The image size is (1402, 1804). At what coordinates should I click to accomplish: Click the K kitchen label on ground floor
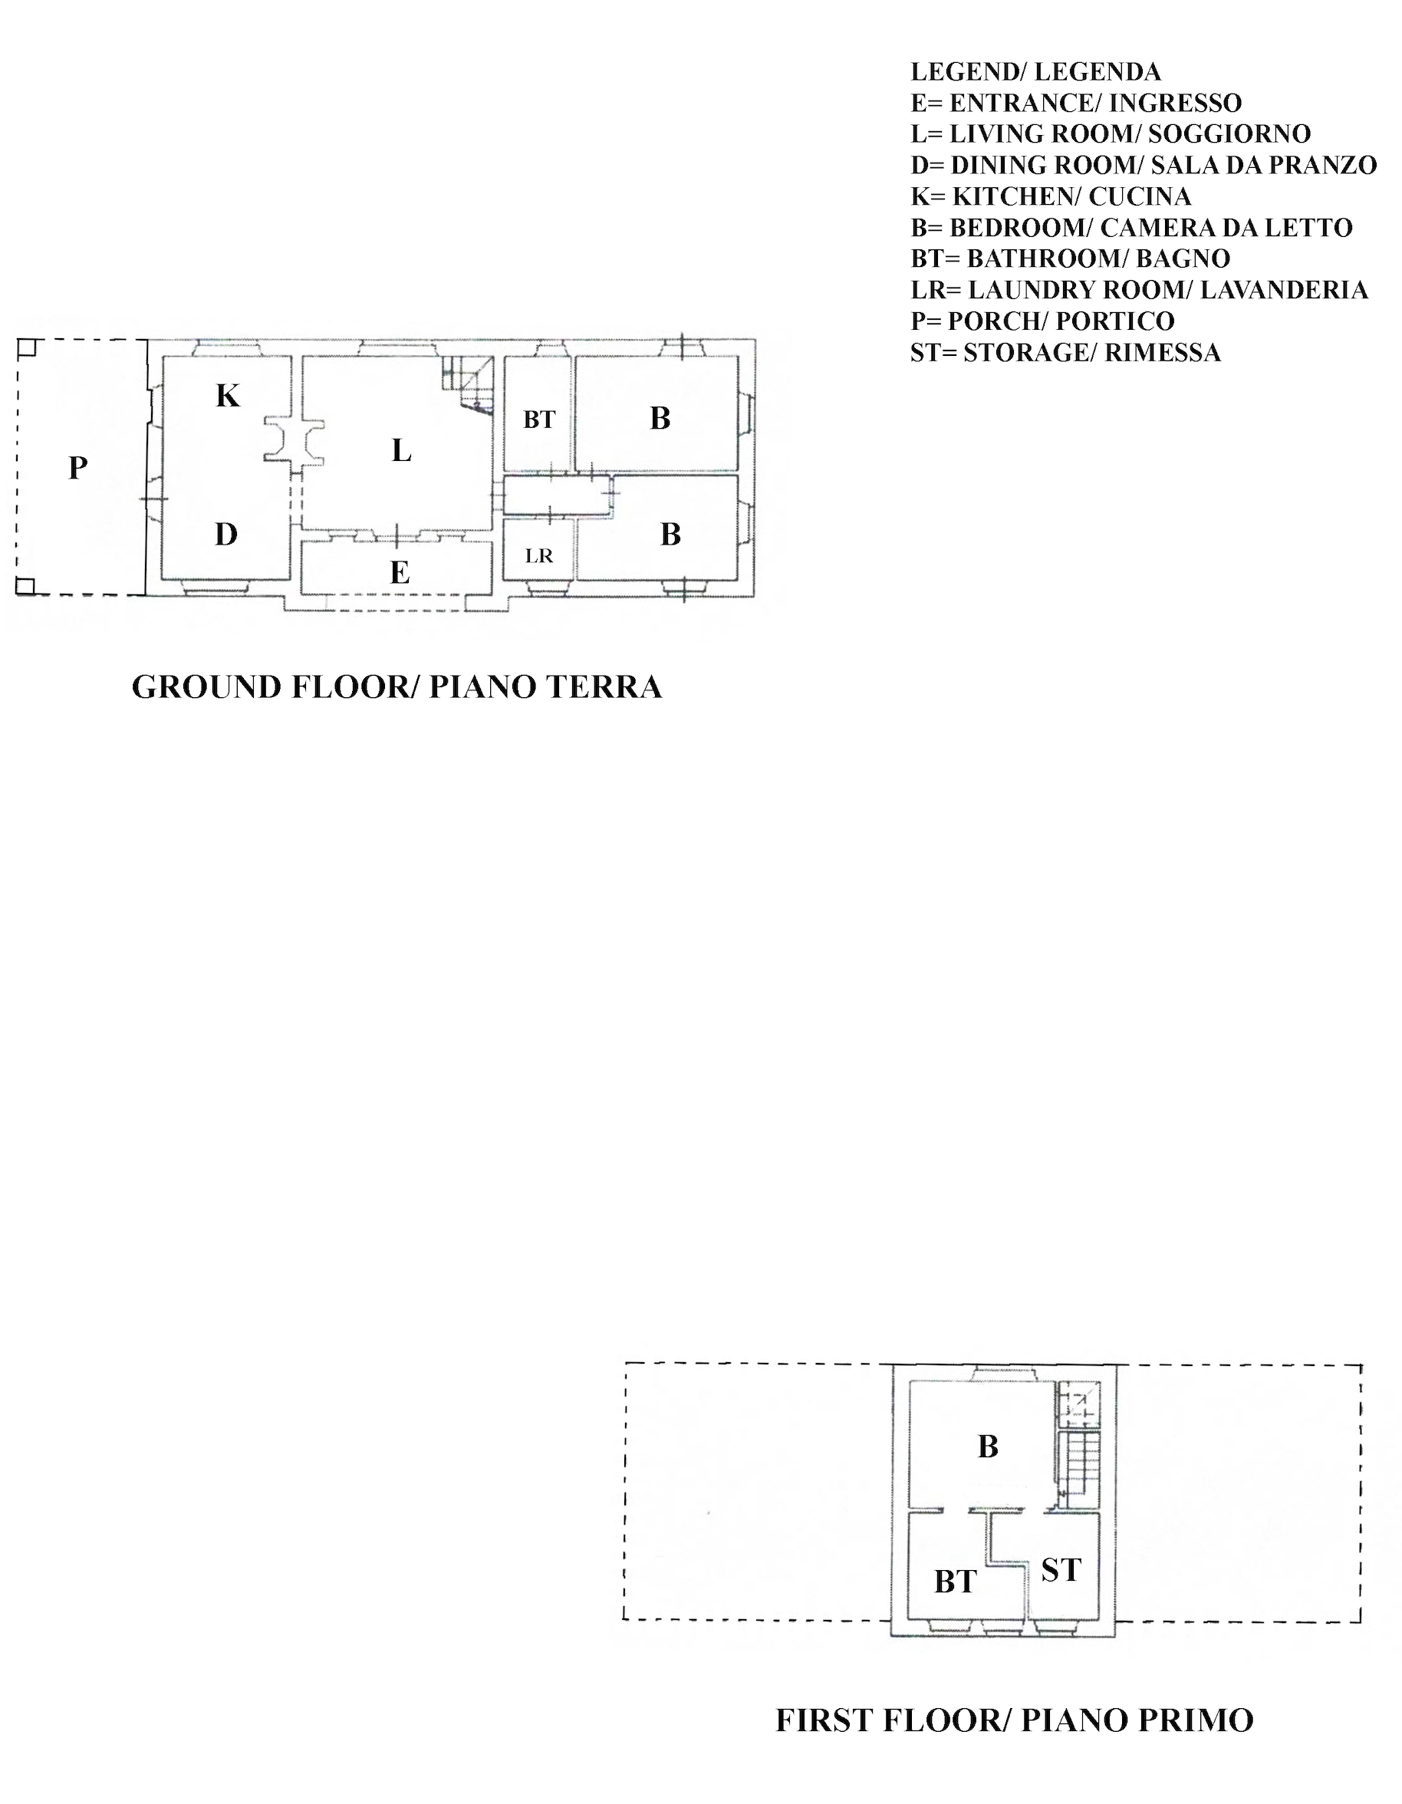pyautogui.click(x=227, y=396)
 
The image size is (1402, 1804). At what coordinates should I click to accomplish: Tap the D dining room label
pyautogui.click(x=226, y=535)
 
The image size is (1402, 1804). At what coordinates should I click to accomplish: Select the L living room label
pyautogui.click(x=402, y=450)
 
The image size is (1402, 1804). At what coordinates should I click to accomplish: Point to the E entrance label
pyautogui.click(x=400, y=571)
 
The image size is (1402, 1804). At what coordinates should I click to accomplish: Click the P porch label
pyautogui.click(x=77, y=468)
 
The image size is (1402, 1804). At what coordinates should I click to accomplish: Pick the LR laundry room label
pyautogui.click(x=538, y=556)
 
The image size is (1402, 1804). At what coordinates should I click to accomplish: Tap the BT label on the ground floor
pyautogui.click(x=539, y=420)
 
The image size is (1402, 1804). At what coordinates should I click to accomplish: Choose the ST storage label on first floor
pyautogui.click(x=1061, y=1569)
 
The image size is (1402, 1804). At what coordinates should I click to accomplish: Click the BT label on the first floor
pyautogui.click(x=956, y=1582)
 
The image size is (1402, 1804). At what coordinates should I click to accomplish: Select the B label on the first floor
pyautogui.click(x=988, y=1447)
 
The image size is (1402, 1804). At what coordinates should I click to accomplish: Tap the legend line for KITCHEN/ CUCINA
pyautogui.click(x=1051, y=196)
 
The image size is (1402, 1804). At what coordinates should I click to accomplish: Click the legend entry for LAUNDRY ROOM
pyautogui.click(x=1139, y=290)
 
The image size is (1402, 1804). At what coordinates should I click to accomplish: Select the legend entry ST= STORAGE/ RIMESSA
pyautogui.click(x=1065, y=353)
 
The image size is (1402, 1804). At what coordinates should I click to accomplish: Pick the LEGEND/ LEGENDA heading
pyautogui.click(x=1036, y=72)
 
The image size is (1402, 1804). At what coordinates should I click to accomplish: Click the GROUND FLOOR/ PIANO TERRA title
pyautogui.click(x=397, y=687)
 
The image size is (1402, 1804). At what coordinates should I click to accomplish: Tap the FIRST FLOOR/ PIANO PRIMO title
pyautogui.click(x=1015, y=1720)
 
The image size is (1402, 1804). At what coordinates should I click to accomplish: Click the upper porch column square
pyautogui.click(x=26, y=347)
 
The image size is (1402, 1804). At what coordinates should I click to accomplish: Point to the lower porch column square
pyautogui.click(x=25, y=587)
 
